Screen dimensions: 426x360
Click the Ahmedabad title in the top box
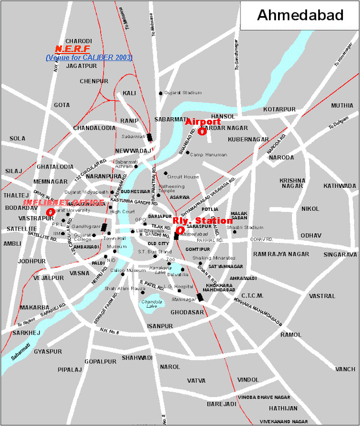300,15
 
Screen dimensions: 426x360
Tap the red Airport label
202,122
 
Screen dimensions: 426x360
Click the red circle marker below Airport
201,131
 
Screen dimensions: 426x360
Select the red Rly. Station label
202,220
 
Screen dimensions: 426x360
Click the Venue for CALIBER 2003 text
89,57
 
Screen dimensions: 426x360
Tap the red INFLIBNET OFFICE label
63,202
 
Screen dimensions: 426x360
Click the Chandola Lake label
152,304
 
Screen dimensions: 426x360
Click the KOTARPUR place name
279,109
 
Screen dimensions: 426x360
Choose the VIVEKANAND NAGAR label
284,421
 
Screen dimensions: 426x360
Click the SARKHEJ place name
24,332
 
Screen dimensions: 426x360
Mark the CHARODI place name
79,41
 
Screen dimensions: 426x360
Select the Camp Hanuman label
208,154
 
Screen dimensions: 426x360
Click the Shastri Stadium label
245,227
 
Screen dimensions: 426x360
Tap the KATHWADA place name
340,186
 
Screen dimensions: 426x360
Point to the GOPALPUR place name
100,361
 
